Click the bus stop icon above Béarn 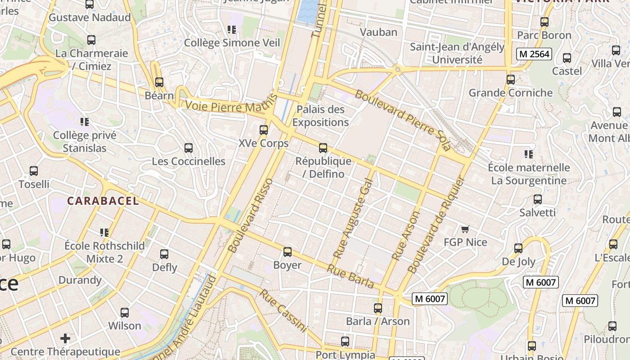click(159, 82)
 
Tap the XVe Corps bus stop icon click(264, 130)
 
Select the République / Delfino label click(323, 167)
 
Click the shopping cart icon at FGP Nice click(465, 229)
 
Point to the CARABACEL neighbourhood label click(103, 201)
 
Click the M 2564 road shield click(534, 54)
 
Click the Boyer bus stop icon click(287, 252)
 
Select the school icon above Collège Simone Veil click(232, 30)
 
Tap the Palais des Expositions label click(320, 116)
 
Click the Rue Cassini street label click(283, 310)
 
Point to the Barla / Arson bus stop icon click(378, 308)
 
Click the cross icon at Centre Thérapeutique click(65, 338)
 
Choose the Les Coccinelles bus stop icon click(189, 148)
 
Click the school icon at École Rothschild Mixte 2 click(104, 233)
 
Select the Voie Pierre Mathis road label click(229, 107)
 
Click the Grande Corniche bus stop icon click(510, 80)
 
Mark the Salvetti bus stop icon click(537, 199)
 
